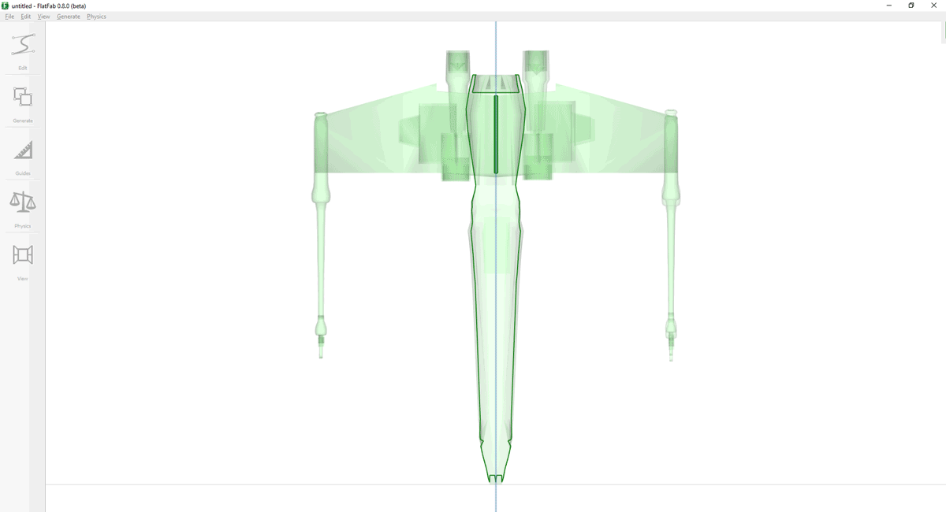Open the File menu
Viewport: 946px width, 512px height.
point(9,17)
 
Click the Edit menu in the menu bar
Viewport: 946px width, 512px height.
point(26,17)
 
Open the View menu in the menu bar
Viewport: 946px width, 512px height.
point(43,17)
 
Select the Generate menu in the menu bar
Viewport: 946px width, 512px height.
point(69,17)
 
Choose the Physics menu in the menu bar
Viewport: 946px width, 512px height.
point(96,17)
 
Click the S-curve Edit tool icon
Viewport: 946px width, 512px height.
point(23,44)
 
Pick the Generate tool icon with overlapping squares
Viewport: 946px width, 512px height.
point(23,97)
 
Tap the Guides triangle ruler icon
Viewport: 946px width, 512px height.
point(23,150)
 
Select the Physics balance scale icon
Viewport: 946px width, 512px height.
point(23,202)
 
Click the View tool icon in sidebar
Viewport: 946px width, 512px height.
point(23,254)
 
